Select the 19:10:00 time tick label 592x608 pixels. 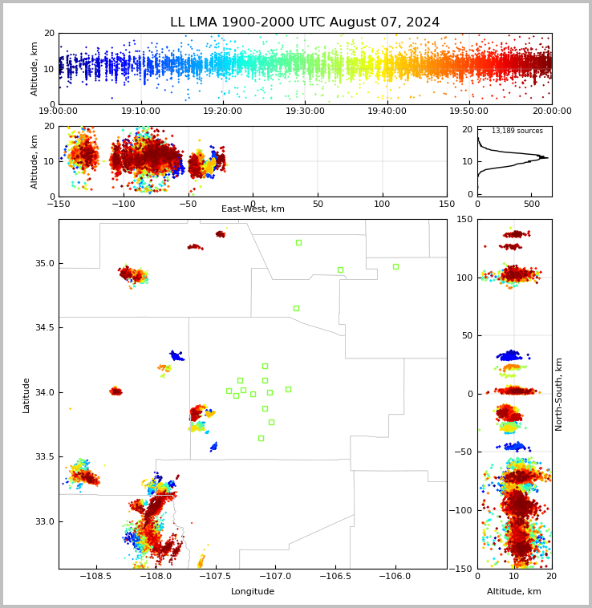click(x=141, y=111)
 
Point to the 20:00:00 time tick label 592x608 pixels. click(x=552, y=111)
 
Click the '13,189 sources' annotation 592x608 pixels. click(x=517, y=131)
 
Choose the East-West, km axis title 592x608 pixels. click(x=253, y=209)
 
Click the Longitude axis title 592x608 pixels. click(x=253, y=591)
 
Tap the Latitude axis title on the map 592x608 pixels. click(x=26, y=395)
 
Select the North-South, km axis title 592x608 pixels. click(x=558, y=395)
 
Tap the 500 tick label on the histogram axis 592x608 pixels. click(x=531, y=204)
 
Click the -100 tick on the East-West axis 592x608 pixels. click(x=123, y=204)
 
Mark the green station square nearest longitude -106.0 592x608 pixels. click(x=395, y=266)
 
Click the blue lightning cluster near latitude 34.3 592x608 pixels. click(x=176, y=355)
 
